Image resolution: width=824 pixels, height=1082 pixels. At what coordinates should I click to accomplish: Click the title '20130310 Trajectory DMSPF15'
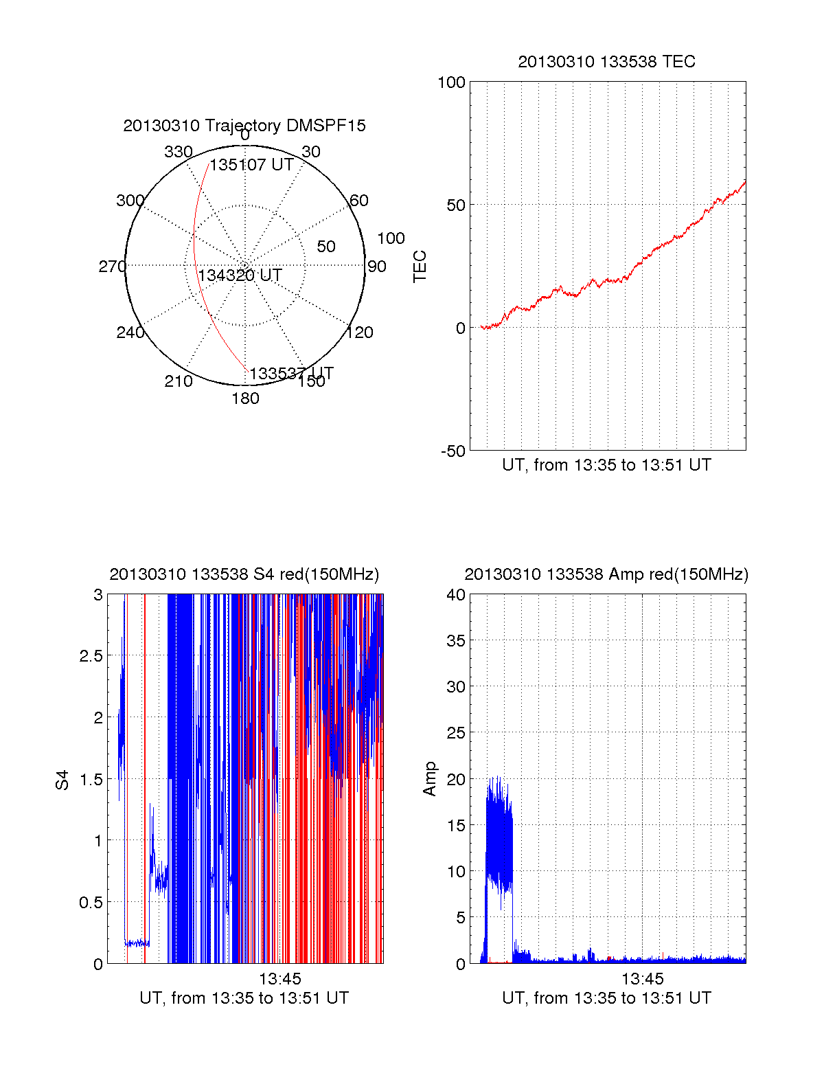coord(244,126)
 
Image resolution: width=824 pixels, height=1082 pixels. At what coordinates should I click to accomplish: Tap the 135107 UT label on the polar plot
coord(251,165)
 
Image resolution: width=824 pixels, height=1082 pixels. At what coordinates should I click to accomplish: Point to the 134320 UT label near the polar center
coord(240,275)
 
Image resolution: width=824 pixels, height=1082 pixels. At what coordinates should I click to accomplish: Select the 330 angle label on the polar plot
coord(178,152)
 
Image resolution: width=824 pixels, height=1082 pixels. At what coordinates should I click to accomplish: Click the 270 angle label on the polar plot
coord(112,267)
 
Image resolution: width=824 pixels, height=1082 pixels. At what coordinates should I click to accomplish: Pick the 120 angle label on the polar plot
coord(360,333)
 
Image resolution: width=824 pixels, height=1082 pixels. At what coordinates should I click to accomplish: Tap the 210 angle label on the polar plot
coord(178,381)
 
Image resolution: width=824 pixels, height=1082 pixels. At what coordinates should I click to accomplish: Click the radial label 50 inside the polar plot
coord(326,247)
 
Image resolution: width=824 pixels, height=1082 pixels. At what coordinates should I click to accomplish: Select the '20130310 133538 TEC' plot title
coord(606,62)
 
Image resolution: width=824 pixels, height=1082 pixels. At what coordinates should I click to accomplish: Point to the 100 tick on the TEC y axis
coord(451,82)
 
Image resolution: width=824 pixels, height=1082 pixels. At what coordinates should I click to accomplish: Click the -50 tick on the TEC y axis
coord(453,451)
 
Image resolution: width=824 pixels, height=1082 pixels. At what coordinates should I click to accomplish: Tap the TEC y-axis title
coord(420,267)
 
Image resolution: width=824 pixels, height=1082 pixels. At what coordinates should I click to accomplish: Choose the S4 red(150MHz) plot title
coord(244,574)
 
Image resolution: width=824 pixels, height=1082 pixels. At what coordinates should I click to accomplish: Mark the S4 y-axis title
coord(62,780)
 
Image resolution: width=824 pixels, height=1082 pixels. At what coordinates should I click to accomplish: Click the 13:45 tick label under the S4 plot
coord(279,978)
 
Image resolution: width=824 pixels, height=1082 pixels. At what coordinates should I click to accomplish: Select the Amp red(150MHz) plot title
coord(606,574)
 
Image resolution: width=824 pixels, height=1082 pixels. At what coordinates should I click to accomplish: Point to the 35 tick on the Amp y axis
coord(456,641)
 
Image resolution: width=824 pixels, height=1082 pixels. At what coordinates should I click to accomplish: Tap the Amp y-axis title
coord(430,779)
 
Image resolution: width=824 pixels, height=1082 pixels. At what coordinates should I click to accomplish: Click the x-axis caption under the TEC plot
coord(606,465)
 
